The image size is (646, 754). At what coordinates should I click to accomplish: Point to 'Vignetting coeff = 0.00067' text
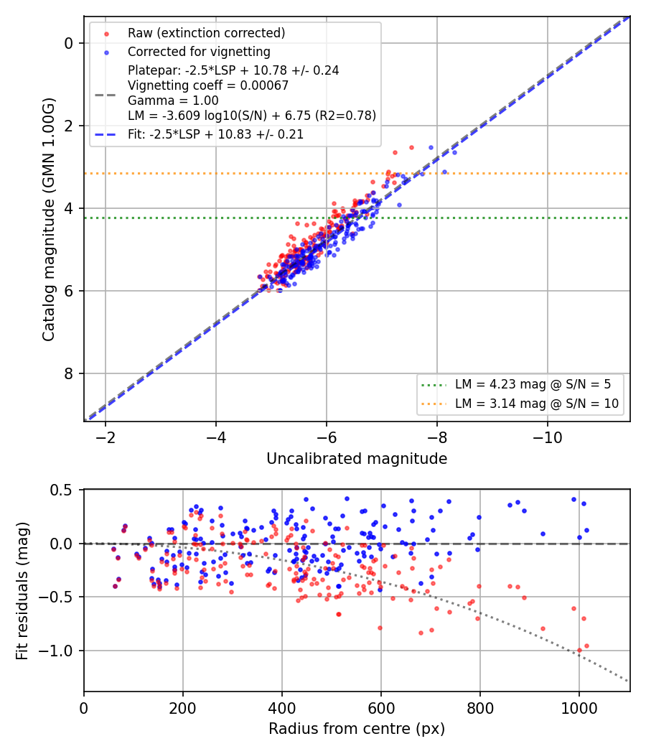[208, 85]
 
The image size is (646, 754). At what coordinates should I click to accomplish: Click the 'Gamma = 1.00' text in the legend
[173, 101]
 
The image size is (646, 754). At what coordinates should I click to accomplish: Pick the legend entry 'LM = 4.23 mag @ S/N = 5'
[533, 385]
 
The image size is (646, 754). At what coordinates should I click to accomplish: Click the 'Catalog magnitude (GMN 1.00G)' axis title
[49, 220]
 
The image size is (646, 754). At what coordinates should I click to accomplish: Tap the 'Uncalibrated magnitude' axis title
[357, 459]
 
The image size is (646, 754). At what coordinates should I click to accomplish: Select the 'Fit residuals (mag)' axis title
[22, 591]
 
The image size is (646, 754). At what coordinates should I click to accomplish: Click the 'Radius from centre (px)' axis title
[357, 729]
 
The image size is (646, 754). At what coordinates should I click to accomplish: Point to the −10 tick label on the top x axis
[548, 437]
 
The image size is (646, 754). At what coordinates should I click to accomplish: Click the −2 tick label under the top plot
[106, 437]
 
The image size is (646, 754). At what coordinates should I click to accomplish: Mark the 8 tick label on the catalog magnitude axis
[69, 373]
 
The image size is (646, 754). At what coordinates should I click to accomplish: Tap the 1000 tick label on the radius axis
[579, 708]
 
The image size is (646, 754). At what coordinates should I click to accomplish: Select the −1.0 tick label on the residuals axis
[55, 651]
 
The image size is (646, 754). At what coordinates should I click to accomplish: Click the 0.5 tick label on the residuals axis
[61, 490]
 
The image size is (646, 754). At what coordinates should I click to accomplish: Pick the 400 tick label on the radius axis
[281, 708]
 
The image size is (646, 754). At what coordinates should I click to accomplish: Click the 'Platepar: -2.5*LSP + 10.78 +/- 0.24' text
[233, 70]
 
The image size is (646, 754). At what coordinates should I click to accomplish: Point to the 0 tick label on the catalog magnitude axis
[69, 44]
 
